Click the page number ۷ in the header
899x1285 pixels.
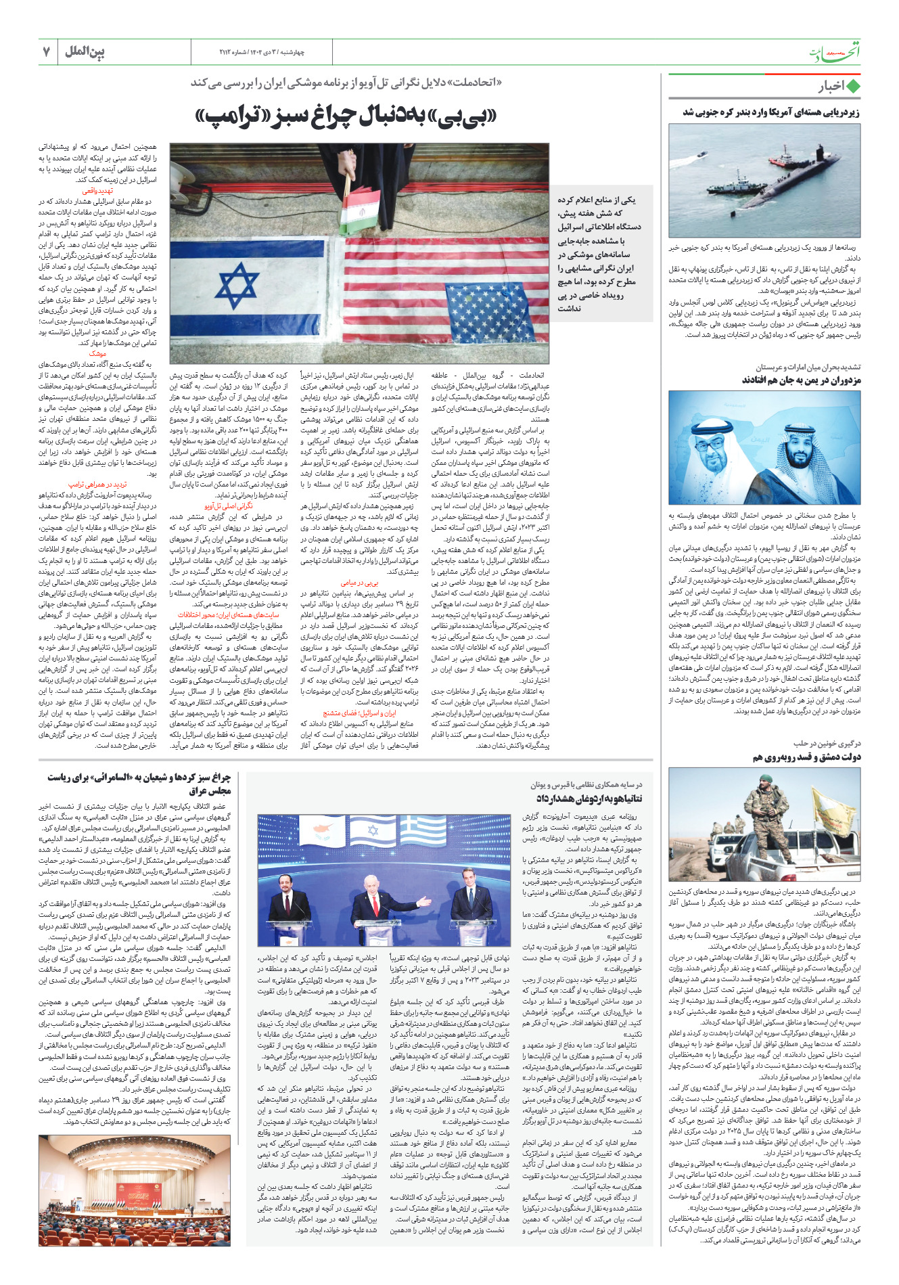tap(47, 51)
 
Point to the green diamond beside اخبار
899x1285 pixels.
tap(853, 87)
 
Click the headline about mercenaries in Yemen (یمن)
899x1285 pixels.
tap(801, 380)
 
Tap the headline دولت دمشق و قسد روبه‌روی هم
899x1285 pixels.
tap(806, 757)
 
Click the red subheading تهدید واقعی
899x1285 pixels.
tap(98, 191)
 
